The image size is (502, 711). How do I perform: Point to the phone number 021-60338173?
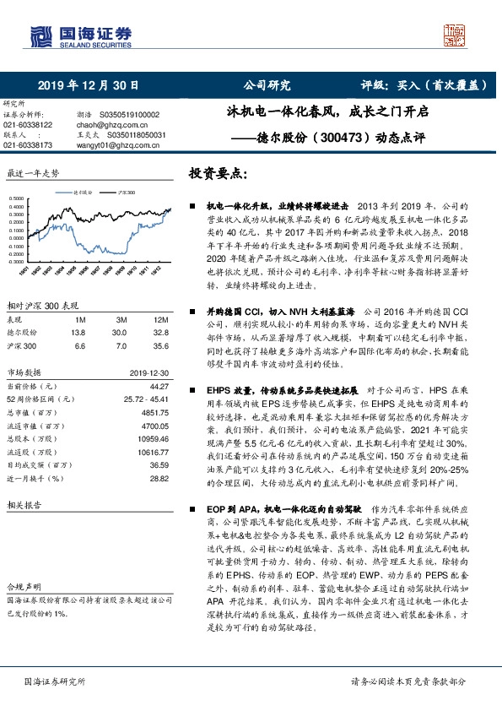pos(29,144)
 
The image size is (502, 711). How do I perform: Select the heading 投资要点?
pos(219,174)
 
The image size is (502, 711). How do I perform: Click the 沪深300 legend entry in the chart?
pos(127,192)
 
